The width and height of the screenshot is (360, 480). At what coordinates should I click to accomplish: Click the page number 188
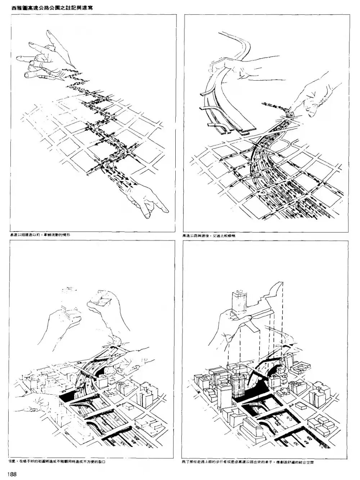point(11,474)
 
